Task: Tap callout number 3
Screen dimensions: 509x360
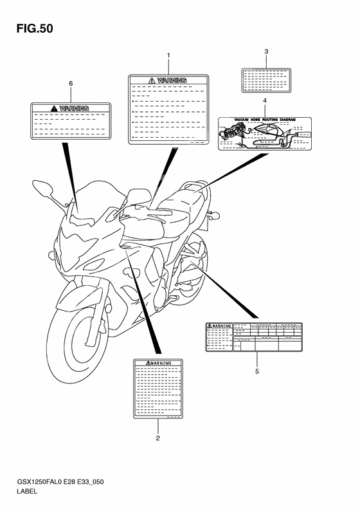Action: [265, 51]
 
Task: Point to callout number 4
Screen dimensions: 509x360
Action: [264, 102]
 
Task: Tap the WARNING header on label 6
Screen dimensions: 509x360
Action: [74, 109]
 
